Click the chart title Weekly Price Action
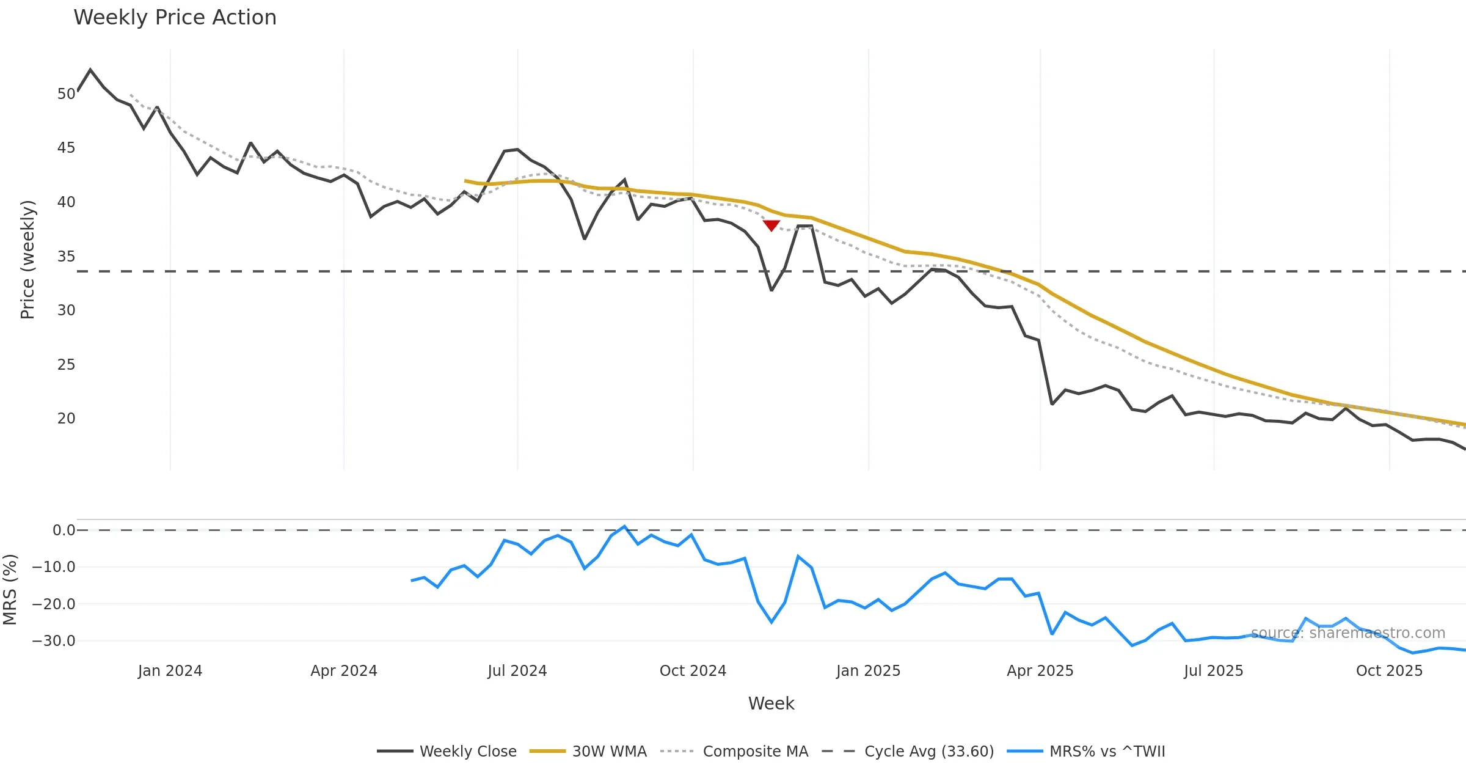click(x=175, y=18)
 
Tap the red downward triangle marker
click(x=771, y=226)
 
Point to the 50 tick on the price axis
click(x=66, y=94)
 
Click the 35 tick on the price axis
click(x=66, y=257)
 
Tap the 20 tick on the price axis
click(x=66, y=419)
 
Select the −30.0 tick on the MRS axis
click(x=54, y=641)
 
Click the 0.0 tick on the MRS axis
click(x=64, y=530)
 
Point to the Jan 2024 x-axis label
click(x=170, y=671)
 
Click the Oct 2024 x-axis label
click(x=693, y=671)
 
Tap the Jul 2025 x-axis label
click(x=1213, y=671)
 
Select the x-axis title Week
click(x=771, y=703)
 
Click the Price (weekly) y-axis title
click(x=28, y=260)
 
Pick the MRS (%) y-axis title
click(x=10, y=590)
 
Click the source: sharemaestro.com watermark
click(x=1347, y=633)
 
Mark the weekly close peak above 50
click(x=90, y=70)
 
